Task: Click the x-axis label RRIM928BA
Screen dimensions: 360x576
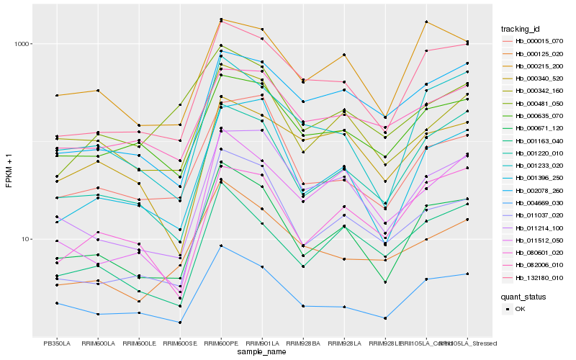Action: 303,343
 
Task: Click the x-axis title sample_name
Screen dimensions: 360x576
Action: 262,352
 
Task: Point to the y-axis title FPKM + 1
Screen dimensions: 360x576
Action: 9,171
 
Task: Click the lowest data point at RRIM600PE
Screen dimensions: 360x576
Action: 221,246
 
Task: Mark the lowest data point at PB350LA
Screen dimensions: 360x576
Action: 57,303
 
